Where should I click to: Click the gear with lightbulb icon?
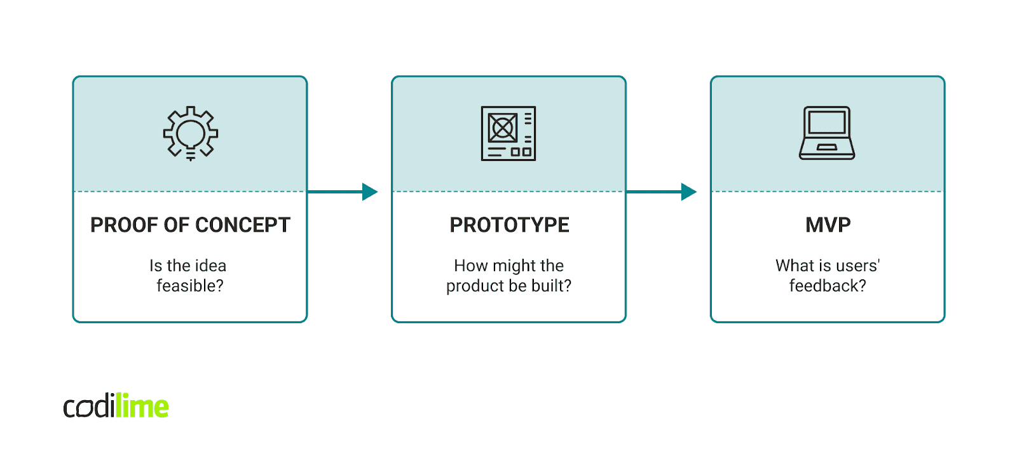(x=190, y=133)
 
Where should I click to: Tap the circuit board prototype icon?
(x=508, y=133)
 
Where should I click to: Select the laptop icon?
(x=827, y=133)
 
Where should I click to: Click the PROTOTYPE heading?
(x=509, y=225)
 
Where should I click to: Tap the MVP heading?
(x=828, y=225)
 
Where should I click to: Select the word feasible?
(x=190, y=286)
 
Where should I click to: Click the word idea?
(x=210, y=265)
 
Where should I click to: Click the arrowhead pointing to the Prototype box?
(x=369, y=192)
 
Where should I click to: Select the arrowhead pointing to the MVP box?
(x=688, y=192)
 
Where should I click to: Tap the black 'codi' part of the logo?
(x=89, y=408)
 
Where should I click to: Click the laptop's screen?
(x=827, y=122)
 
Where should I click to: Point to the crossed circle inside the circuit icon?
(x=502, y=128)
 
